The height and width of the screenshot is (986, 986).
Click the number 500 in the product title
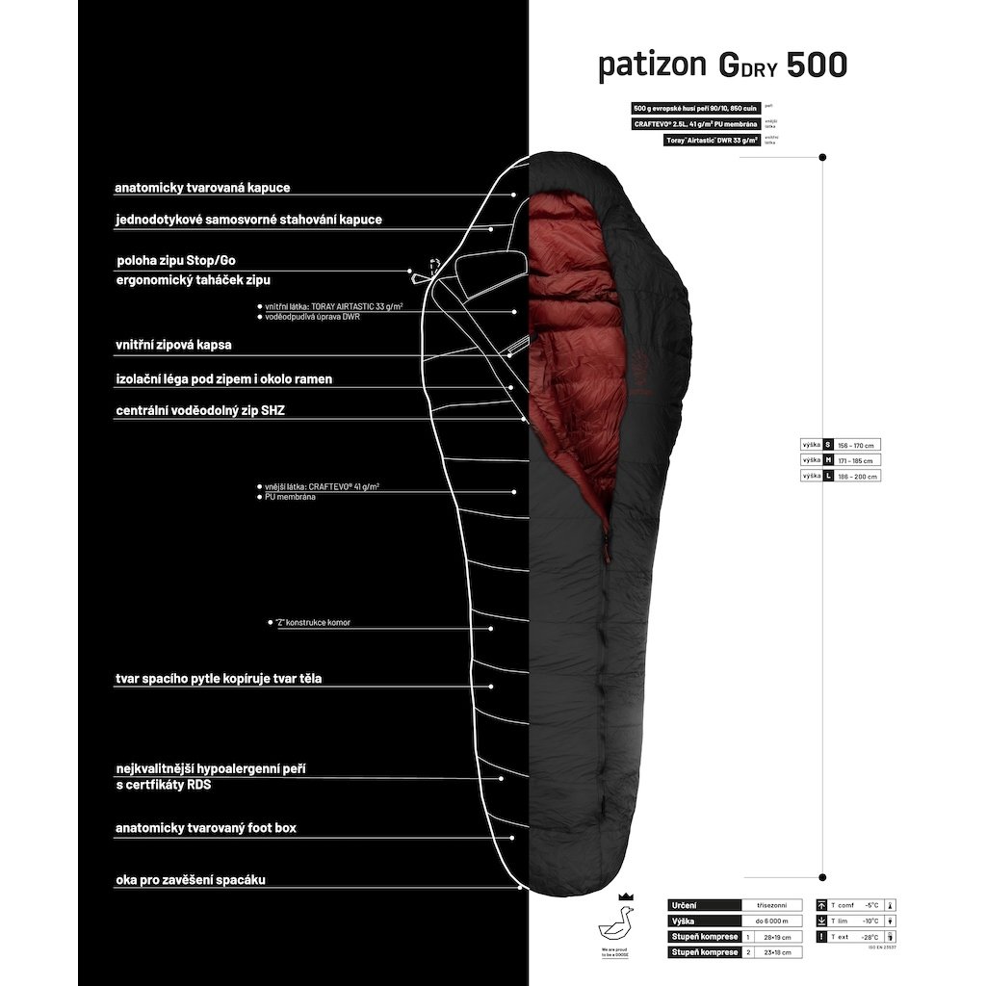(x=817, y=65)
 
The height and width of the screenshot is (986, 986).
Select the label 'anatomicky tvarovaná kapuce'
(x=202, y=188)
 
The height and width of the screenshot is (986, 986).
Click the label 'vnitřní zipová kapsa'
(x=173, y=344)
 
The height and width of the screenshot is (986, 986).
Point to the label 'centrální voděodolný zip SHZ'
(x=200, y=410)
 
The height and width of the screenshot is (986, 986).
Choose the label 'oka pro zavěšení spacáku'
(x=191, y=880)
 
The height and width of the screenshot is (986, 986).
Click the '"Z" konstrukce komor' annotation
(x=314, y=623)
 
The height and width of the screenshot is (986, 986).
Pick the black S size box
(x=829, y=445)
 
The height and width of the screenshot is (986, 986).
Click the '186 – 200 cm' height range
(x=859, y=476)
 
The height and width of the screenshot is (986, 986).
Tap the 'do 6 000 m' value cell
(x=771, y=921)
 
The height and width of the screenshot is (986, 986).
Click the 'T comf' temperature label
(x=843, y=905)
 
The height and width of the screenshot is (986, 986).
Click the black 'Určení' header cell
(x=704, y=905)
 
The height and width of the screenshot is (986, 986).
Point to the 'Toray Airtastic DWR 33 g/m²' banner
(x=712, y=140)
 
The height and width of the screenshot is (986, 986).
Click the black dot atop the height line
(x=822, y=156)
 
